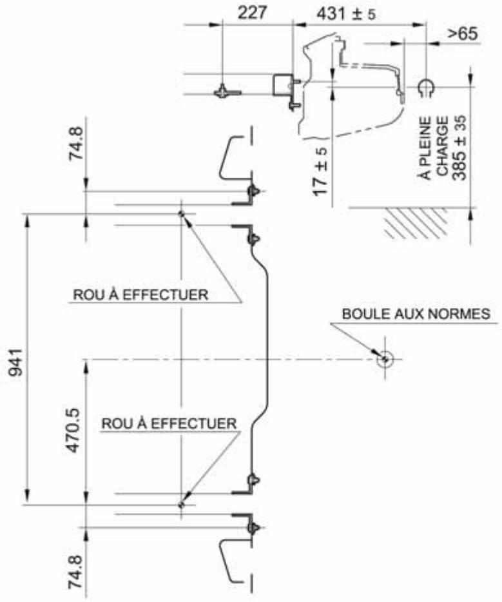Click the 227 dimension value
(x=252, y=13)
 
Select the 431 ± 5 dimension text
(x=346, y=14)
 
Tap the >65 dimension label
(x=463, y=34)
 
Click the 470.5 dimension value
(x=73, y=430)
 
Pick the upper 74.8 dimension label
(x=75, y=143)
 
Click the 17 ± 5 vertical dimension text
(x=320, y=171)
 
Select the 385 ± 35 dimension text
(x=459, y=148)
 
